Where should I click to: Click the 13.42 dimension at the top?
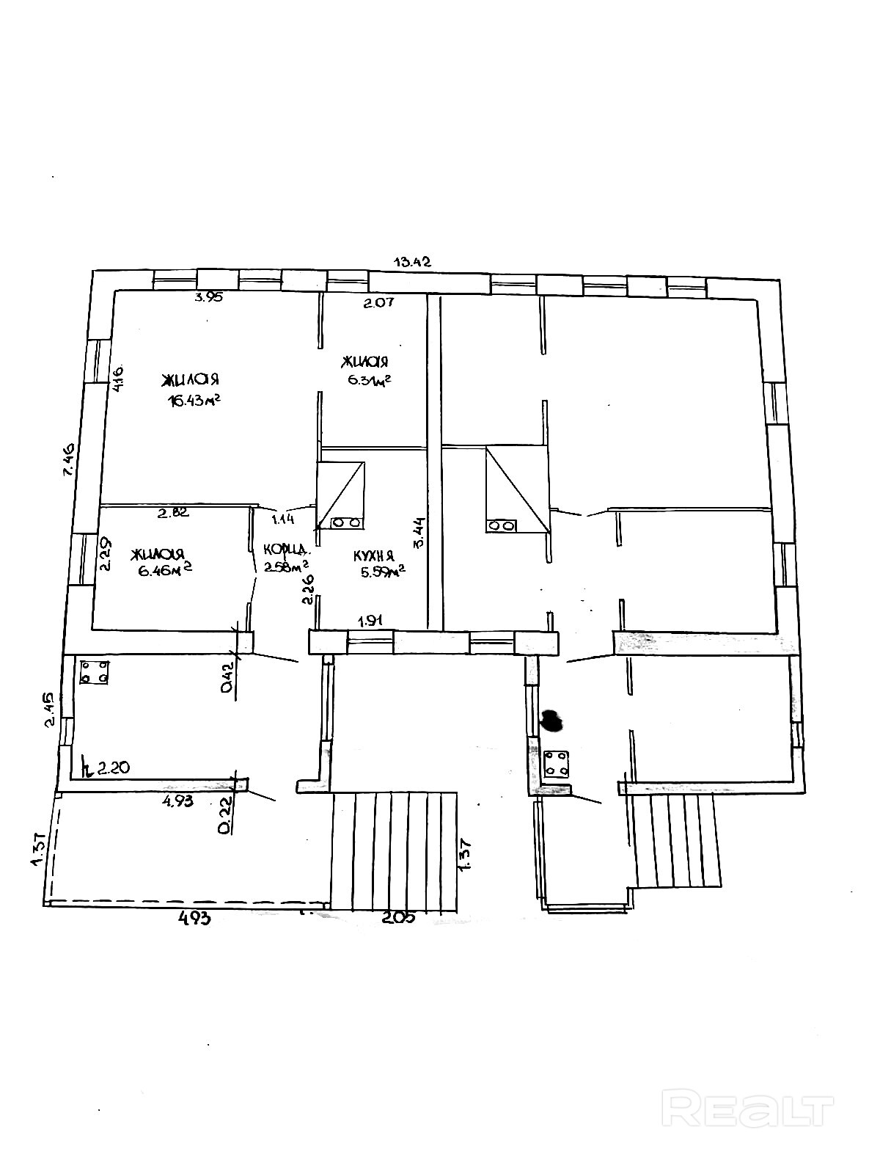click(412, 261)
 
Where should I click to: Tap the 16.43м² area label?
click(194, 401)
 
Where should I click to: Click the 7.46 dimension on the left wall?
click(70, 460)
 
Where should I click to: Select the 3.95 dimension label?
click(208, 297)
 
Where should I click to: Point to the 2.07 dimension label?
click(379, 302)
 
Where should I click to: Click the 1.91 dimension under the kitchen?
click(371, 621)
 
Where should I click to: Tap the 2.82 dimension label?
click(174, 513)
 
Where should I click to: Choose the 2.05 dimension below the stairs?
click(399, 916)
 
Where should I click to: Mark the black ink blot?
click(551, 721)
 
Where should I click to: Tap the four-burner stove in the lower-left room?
click(95, 671)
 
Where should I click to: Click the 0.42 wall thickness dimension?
click(227, 677)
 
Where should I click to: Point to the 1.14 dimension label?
click(283, 519)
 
